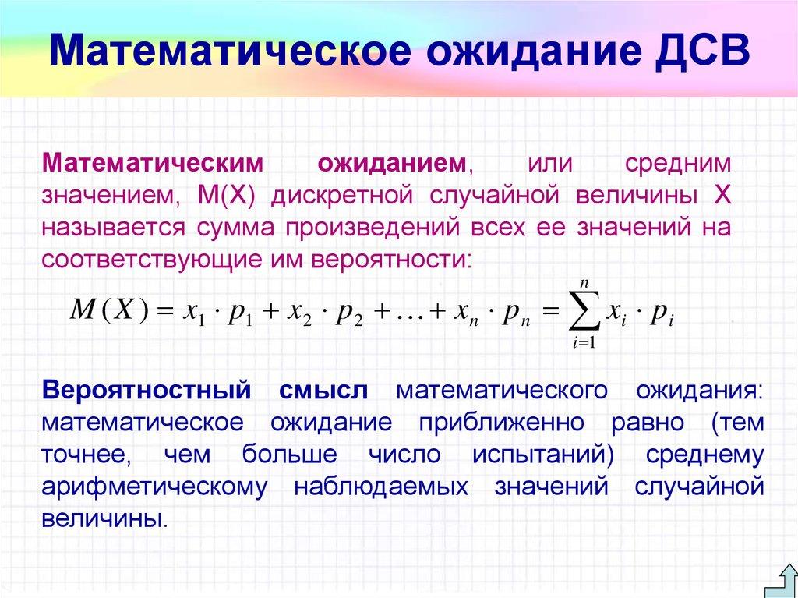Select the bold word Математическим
(151, 164)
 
